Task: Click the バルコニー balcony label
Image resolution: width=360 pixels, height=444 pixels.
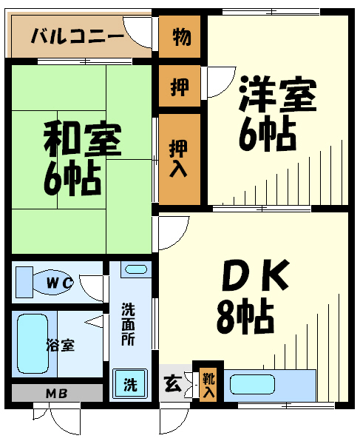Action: click(78, 36)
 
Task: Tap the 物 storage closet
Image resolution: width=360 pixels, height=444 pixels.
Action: click(180, 36)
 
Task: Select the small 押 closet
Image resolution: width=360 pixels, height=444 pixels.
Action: click(180, 86)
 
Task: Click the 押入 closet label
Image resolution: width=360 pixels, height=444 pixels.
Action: click(178, 158)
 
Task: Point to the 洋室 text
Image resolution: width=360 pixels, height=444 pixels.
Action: click(277, 94)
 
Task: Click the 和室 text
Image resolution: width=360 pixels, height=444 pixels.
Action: click(83, 139)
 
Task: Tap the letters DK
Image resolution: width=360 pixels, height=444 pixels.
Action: click(256, 275)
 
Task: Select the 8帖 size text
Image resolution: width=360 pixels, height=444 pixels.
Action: click(245, 316)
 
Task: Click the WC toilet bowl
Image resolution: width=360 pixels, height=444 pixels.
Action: click(53, 283)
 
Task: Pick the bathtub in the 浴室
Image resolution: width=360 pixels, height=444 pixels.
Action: click(33, 344)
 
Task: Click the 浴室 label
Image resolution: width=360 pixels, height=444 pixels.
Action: click(61, 346)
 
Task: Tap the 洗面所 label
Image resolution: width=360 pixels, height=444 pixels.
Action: click(128, 324)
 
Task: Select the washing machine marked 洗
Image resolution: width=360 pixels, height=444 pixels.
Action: click(130, 384)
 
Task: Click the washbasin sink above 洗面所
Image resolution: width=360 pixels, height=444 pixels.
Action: click(136, 269)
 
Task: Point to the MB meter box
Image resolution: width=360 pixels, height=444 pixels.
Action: click(57, 393)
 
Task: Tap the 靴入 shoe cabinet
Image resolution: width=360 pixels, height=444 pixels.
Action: click(208, 385)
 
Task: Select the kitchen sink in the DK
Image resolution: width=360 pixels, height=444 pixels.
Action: click(252, 385)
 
